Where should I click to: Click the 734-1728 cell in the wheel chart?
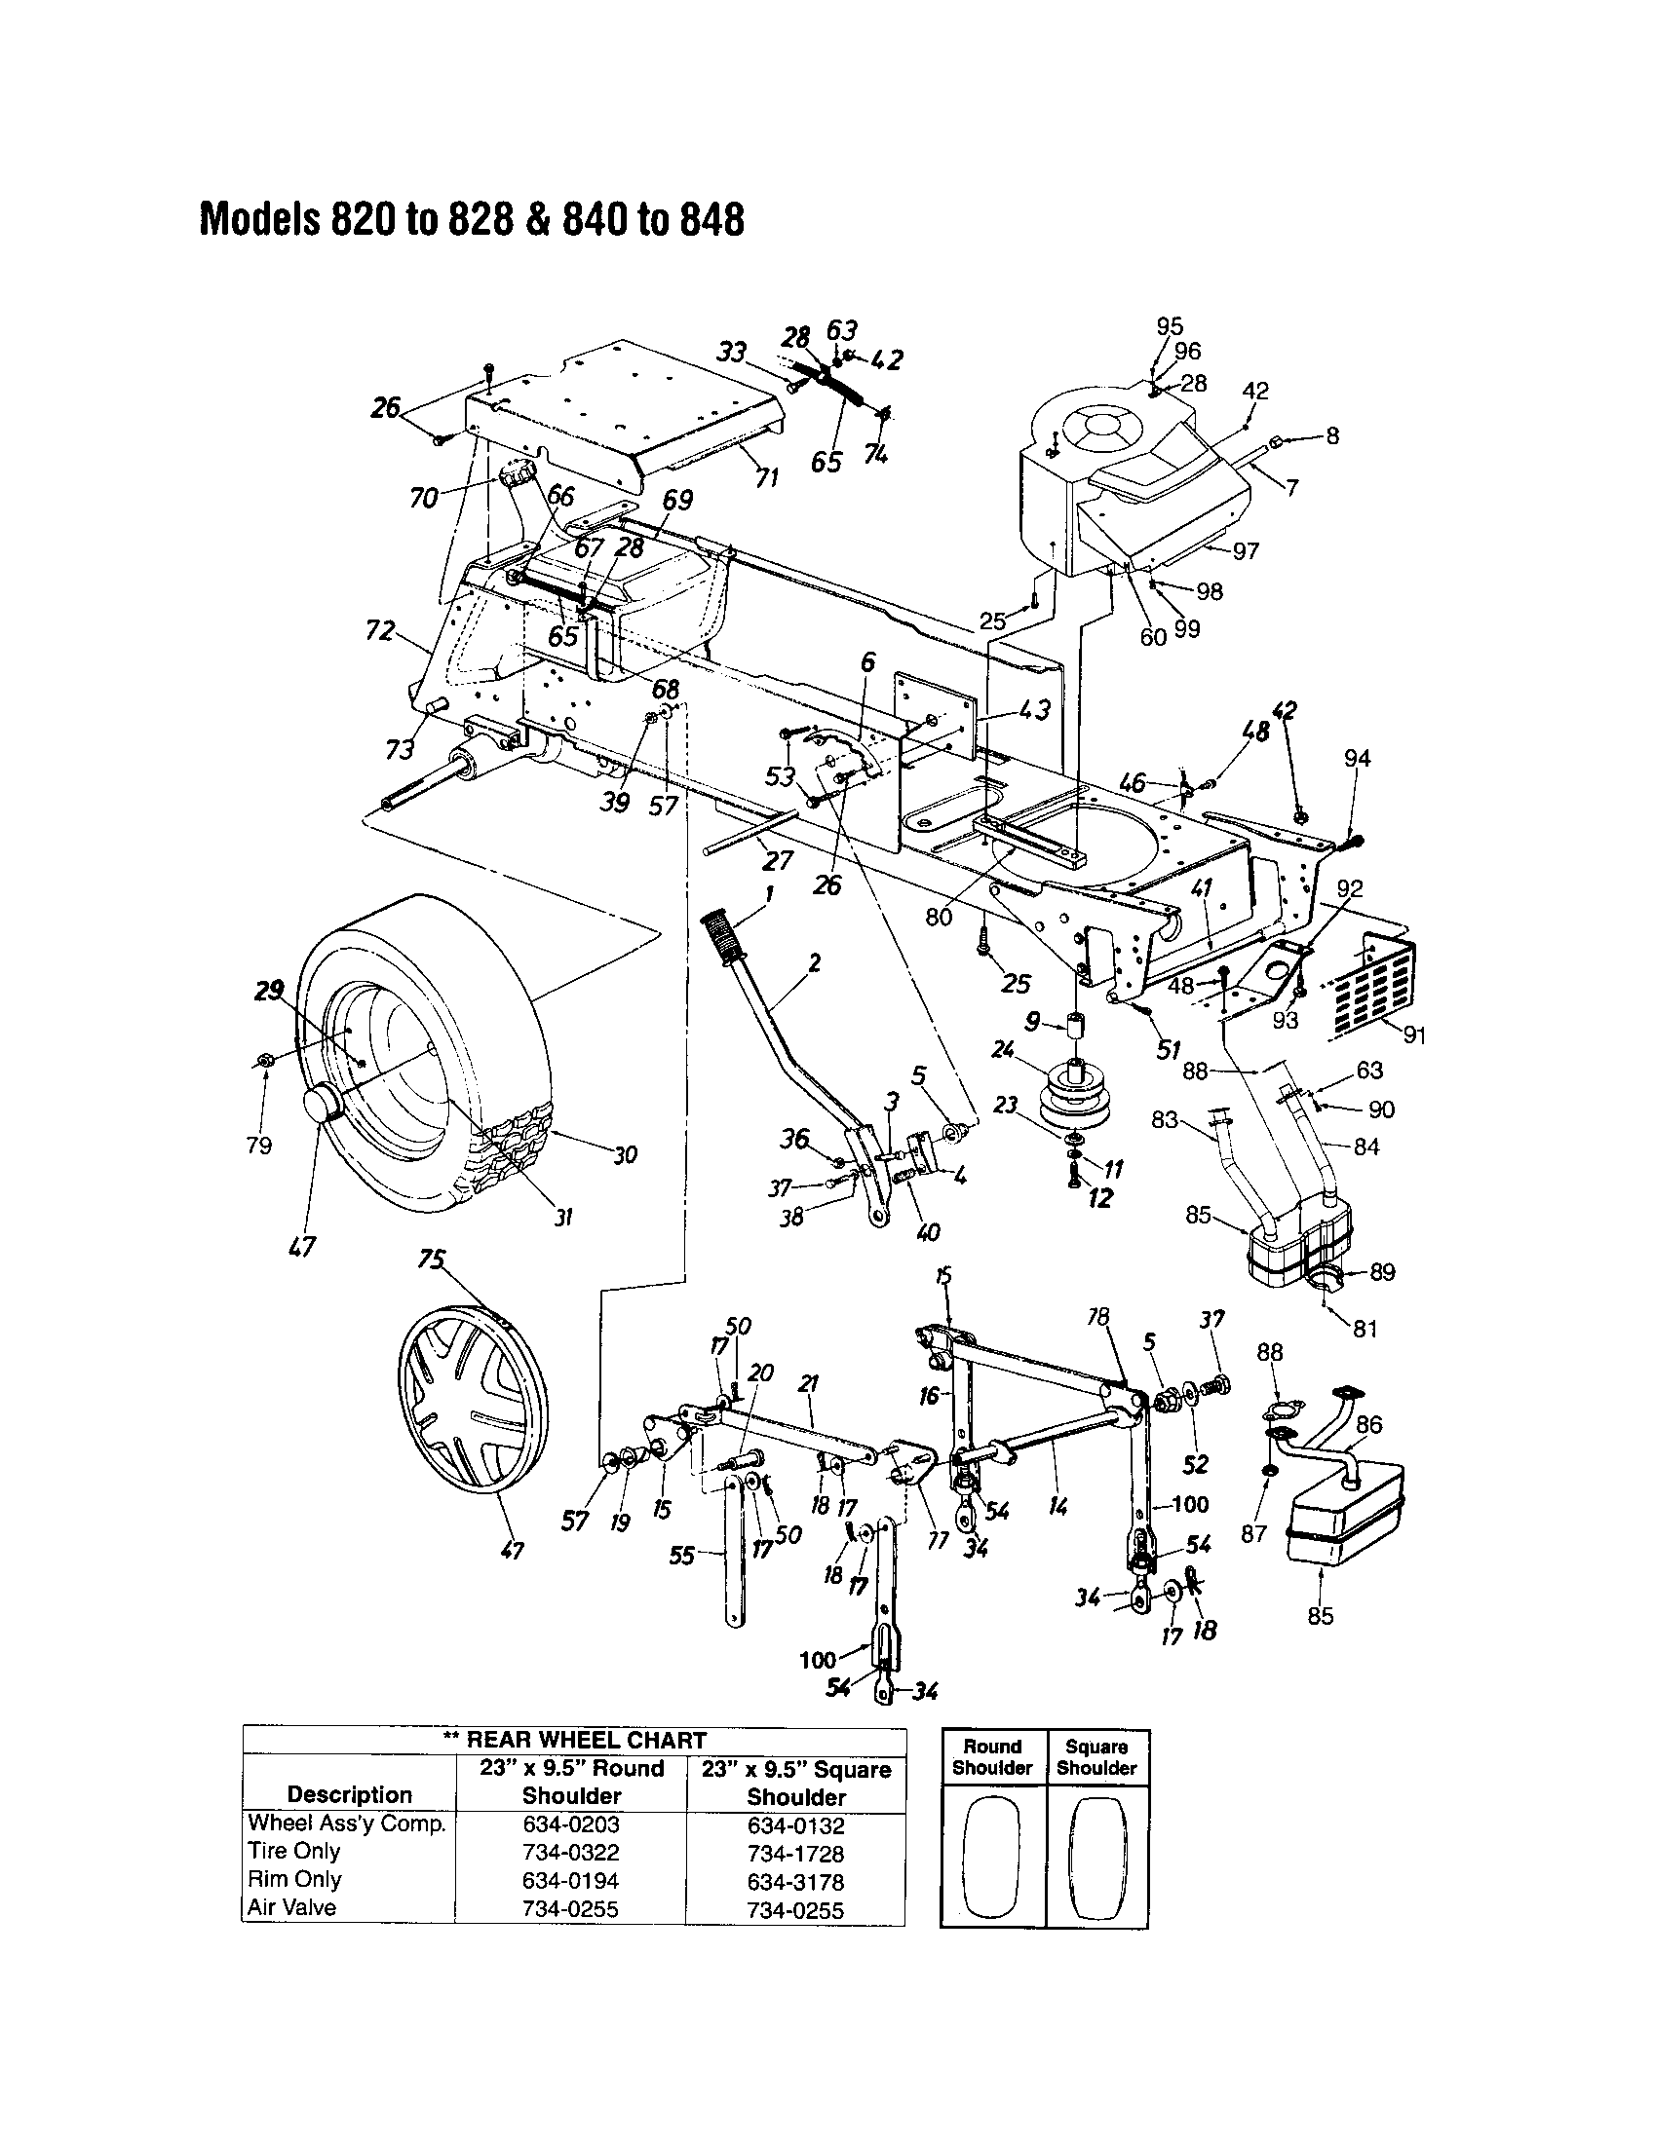pos(795,1855)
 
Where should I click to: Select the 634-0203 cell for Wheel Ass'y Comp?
pos(571,1824)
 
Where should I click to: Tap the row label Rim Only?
pos(294,1880)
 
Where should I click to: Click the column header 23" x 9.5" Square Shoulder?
pos(796,1783)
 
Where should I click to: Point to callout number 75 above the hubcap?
pos(432,1259)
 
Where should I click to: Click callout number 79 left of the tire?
pos(259,1146)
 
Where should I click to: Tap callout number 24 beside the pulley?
pos(1002,1049)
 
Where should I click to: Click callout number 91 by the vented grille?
pos(1414,1034)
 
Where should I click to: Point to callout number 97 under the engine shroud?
pos(1246,551)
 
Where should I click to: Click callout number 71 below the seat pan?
pos(767,478)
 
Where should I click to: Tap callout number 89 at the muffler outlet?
pos(1382,1271)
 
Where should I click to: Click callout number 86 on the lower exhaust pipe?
pos(1368,1424)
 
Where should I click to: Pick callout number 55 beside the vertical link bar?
pos(681,1556)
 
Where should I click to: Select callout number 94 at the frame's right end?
pos(1358,759)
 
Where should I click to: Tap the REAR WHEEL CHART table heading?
pos(575,1740)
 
